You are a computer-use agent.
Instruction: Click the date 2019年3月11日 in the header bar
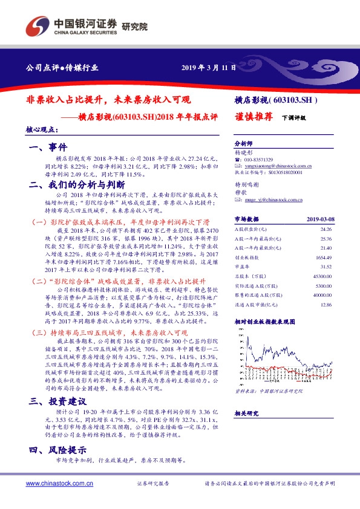point(208,67)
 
